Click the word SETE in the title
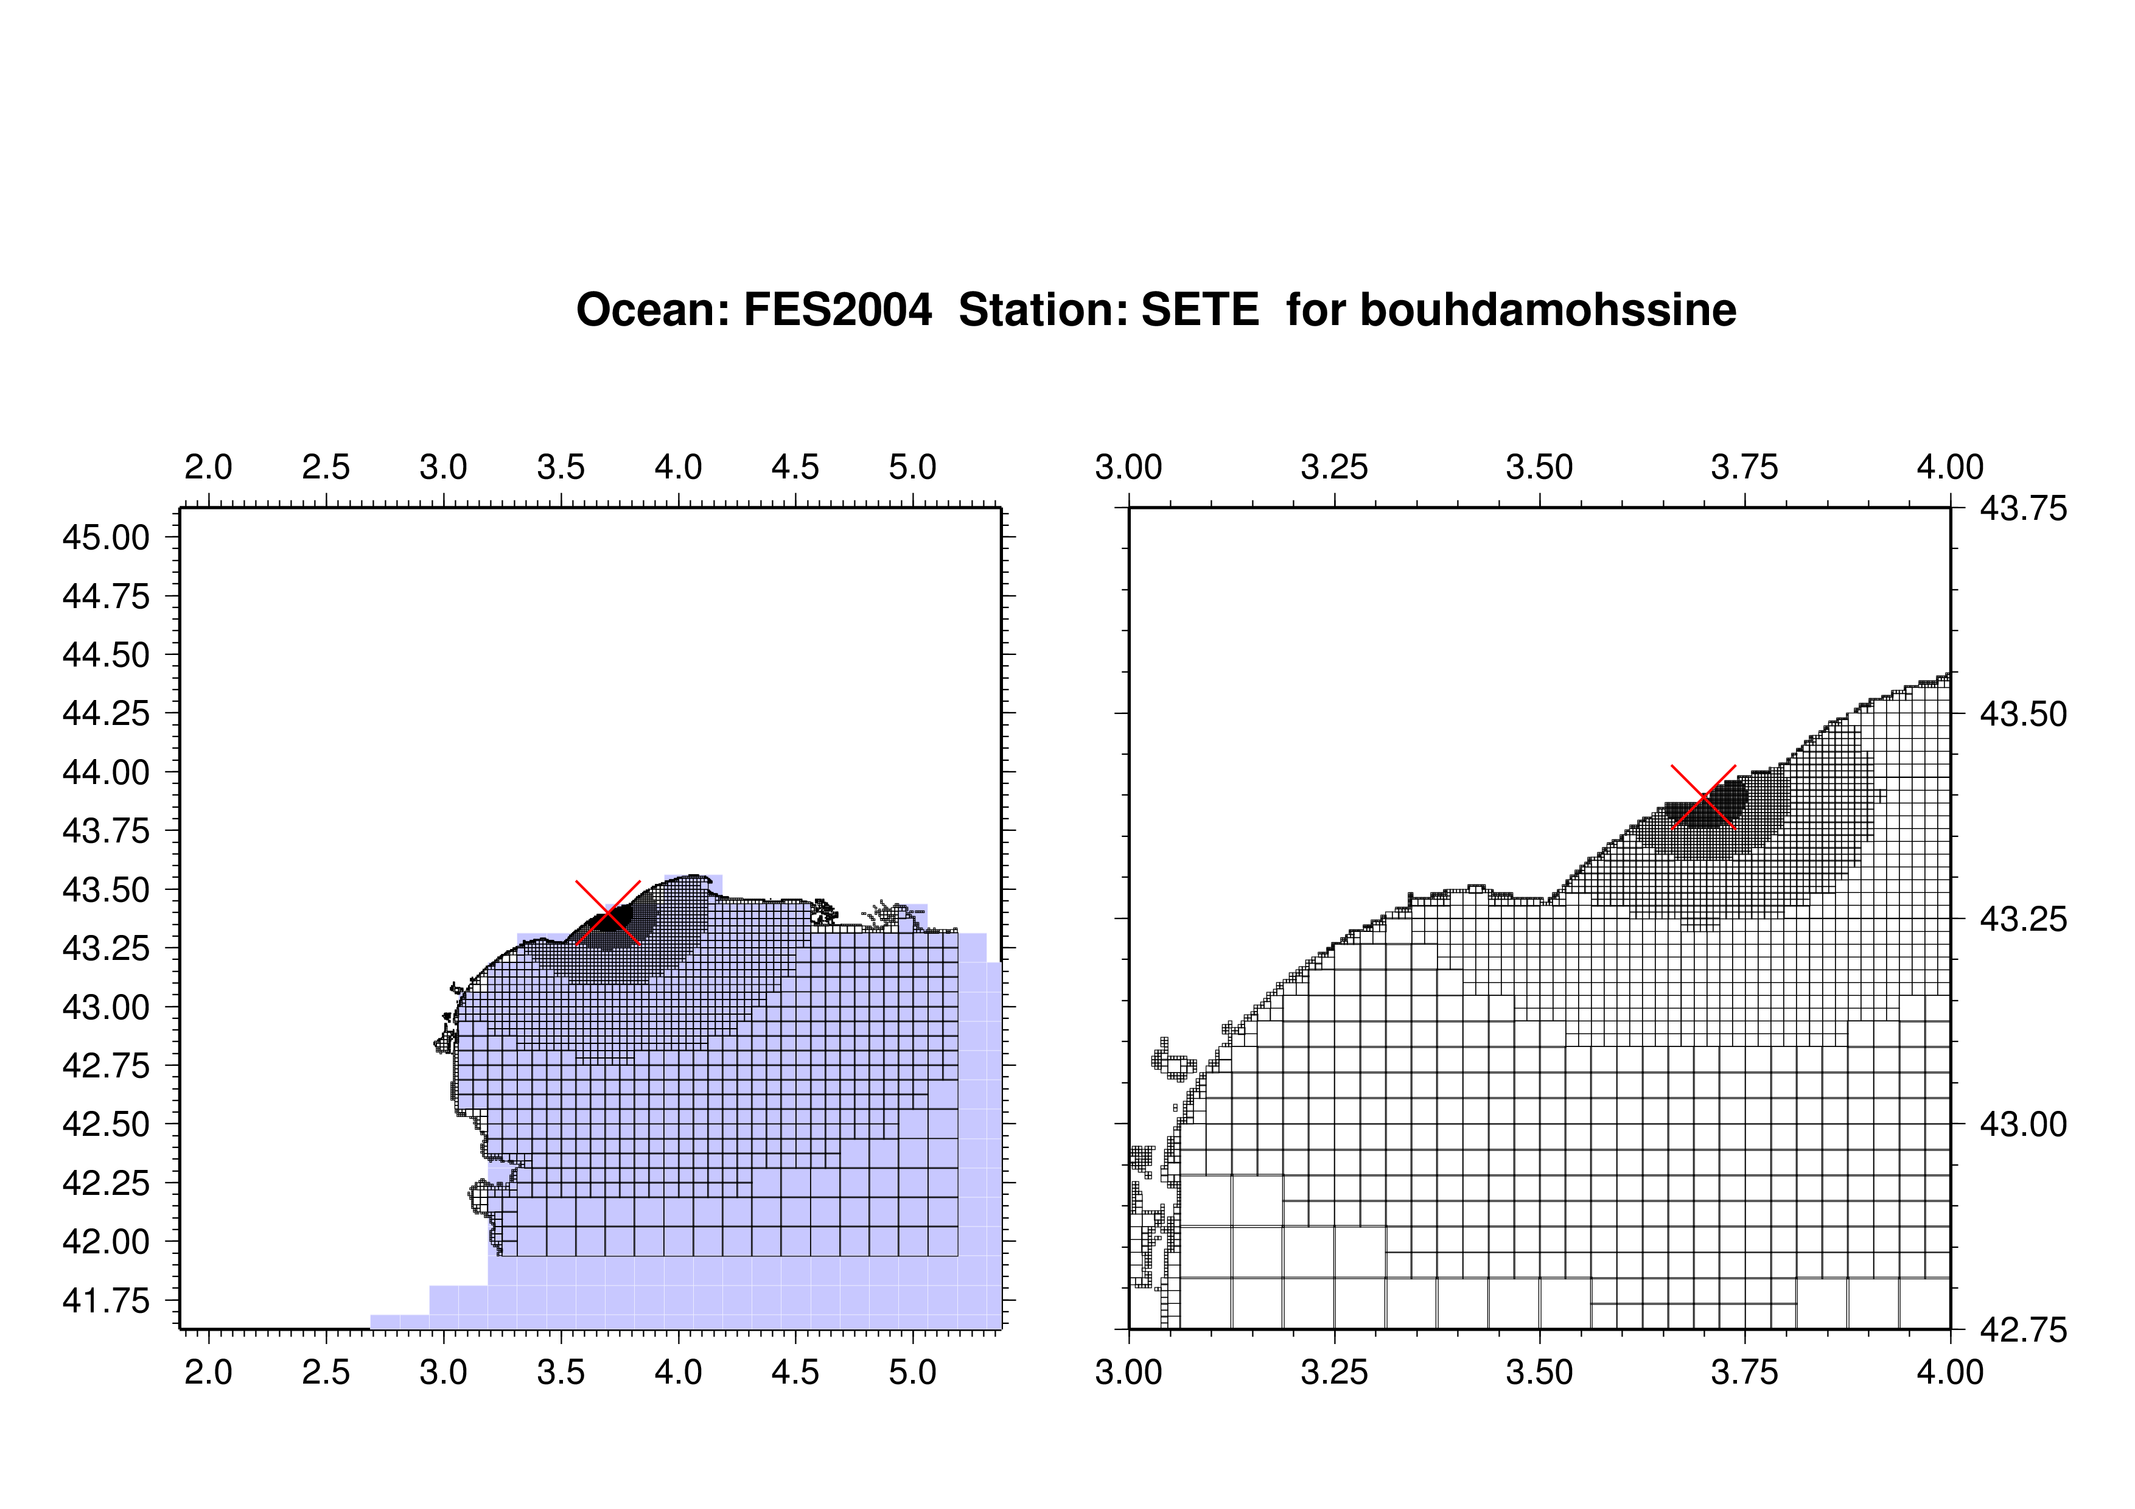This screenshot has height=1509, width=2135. [1200, 310]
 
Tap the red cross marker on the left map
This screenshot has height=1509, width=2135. [608, 912]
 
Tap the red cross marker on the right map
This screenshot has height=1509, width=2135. [1703, 797]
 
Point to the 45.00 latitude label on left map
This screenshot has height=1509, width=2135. [105, 537]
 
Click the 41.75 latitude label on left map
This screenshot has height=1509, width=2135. [105, 1301]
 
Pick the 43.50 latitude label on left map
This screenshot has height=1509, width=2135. [105, 890]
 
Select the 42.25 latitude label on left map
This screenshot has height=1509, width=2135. [105, 1183]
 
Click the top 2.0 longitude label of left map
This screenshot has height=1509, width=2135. [208, 467]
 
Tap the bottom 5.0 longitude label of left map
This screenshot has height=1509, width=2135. [912, 1372]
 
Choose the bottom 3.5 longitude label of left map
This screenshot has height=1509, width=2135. [561, 1372]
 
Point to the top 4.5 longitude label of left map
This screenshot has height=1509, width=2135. [795, 467]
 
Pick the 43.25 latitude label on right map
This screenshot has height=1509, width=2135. [2024, 920]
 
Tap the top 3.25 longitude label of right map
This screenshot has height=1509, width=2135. [1334, 467]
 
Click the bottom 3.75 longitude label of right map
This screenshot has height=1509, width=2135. [1744, 1372]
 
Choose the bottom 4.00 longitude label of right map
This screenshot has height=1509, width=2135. [1950, 1372]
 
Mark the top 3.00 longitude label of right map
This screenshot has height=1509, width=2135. [1129, 467]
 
